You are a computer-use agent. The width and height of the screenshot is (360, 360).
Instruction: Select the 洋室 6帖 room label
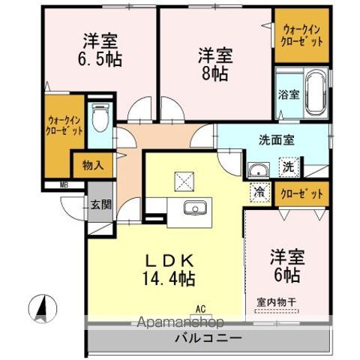coord(286,266)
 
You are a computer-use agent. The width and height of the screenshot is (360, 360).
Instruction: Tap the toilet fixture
coord(100,116)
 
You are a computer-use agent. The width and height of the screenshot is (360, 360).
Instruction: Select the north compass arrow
coord(42,307)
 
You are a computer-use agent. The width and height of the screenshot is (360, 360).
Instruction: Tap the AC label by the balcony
coord(200,307)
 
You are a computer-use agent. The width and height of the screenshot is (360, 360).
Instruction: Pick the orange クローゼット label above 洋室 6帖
coord(303,193)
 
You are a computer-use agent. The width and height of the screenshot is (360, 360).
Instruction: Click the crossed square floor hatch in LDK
coord(184,181)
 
